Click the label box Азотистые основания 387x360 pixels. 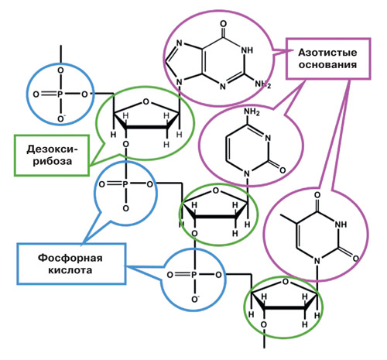click(328, 59)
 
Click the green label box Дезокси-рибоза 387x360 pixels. click(52, 156)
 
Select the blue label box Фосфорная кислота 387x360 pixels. click(71, 264)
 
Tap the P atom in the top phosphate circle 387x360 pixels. click(60, 94)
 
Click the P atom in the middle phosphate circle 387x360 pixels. click(125, 184)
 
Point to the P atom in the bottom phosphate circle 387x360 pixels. click(194, 275)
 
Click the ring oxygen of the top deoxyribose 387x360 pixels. click(146, 102)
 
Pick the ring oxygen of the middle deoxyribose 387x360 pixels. click(216, 191)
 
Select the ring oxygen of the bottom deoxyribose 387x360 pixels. click(286, 282)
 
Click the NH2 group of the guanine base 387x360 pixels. click(263, 84)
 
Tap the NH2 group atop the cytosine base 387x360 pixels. click(252, 112)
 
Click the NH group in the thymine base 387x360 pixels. click(341, 225)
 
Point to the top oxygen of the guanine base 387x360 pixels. click(224, 24)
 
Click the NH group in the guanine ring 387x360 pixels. click(247, 50)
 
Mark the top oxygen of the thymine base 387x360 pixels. click(317, 195)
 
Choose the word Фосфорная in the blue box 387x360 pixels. click(70, 258)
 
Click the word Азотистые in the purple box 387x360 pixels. click(327, 53)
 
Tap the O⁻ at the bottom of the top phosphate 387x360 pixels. click(61, 118)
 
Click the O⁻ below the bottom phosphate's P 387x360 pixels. click(195, 299)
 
